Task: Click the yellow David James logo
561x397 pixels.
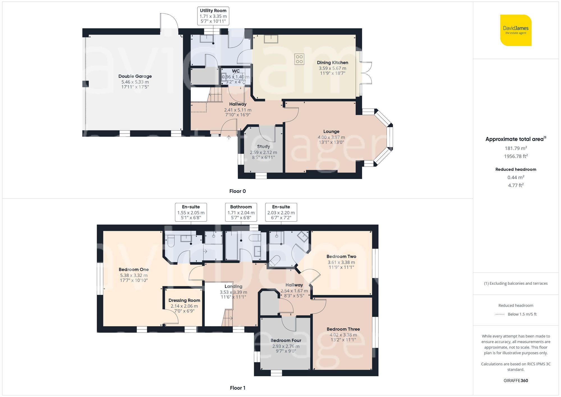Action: pyautogui.click(x=516, y=30)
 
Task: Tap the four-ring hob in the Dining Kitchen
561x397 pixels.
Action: pyautogui.click(x=299, y=59)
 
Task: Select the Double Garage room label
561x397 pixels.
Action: pyautogui.click(x=135, y=76)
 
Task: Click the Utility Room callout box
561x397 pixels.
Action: pyautogui.click(x=213, y=16)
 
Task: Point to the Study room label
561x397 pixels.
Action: pyautogui.click(x=263, y=146)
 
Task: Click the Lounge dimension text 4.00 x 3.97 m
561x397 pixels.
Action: pyautogui.click(x=331, y=137)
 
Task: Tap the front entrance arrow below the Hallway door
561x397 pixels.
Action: pyautogui.click(x=229, y=137)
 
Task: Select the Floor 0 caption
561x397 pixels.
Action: pyautogui.click(x=237, y=191)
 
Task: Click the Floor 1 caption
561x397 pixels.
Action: pyautogui.click(x=237, y=388)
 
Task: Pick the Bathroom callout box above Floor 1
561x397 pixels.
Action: pyautogui.click(x=241, y=212)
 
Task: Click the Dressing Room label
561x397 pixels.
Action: pyautogui.click(x=184, y=300)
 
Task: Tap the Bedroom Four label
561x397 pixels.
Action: pyautogui.click(x=286, y=340)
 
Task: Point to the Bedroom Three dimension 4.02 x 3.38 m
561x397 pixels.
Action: pyautogui.click(x=343, y=335)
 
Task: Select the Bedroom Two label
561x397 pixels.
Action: pyautogui.click(x=341, y=256)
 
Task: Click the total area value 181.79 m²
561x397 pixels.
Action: pyautogui.click(x=516, y=148)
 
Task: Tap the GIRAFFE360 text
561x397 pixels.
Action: pyautogui.click(x=516, y=380)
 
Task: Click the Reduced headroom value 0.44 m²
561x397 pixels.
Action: pyautogui.click(x=516, y=177)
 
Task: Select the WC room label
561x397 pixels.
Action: pyautogui.click(x=236, y=71)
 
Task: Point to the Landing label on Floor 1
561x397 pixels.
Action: pyautogui.click(x=233, y=286)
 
